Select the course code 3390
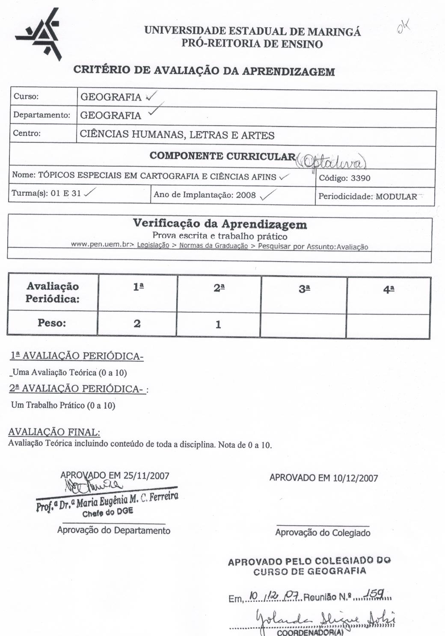pyautogui.click(x=360, y=178)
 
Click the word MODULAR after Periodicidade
pyautogui.click(x=396, y=197)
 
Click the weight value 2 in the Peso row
pyautogui.click(x=137, y=324)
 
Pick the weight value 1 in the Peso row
pyautogui.click(x=218, y=324)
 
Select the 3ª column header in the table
pyautogui.click(x=304, y=289)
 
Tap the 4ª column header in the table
pyautogui.click(x=389, y=289)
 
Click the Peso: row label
pyautogui.click(x=52, y=323)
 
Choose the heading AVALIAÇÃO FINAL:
pyautogui.click(x=54, y=432)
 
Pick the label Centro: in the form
pyautogui.click(x=27, y=133)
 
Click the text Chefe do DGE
pyautogui.click(x=108, y=511)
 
